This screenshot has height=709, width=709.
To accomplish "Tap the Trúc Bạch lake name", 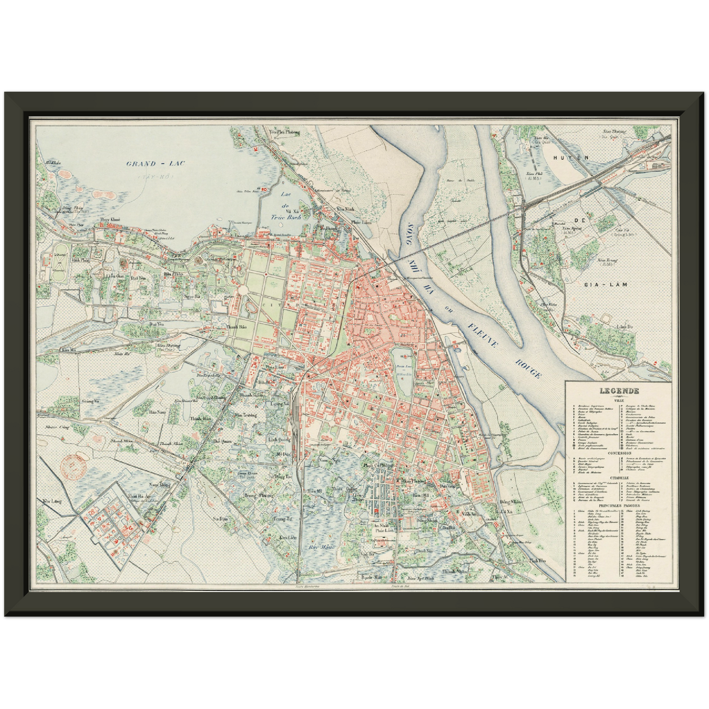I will (287, 216).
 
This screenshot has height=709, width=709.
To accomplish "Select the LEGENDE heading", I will (618, 391).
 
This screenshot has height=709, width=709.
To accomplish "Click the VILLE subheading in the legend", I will (618, 400).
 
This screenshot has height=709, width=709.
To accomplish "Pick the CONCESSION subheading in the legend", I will (618, 453).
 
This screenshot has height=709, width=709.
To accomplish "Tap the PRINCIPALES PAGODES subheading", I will (618, 505).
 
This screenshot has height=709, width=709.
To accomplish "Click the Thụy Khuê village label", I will (109, 219).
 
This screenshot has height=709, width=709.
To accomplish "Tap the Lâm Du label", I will (624, 326).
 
